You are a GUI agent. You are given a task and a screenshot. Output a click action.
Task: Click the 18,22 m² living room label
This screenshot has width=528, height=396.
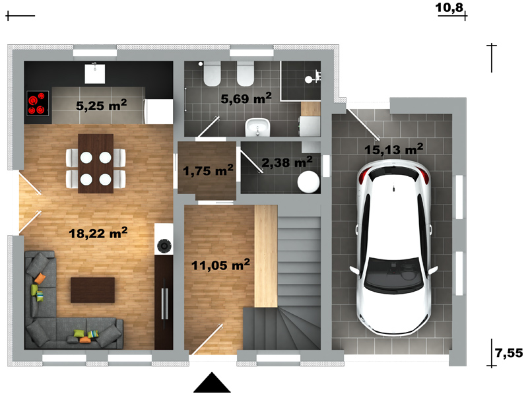click(x=98, y=233)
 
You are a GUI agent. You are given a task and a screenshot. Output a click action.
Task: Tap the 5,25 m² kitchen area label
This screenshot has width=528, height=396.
click(x=102, y=105)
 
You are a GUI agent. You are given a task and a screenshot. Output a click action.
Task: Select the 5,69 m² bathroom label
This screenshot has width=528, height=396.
click(x=246, y=98)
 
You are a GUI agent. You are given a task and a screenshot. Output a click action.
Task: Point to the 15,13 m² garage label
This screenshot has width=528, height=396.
click(x=393, y=149)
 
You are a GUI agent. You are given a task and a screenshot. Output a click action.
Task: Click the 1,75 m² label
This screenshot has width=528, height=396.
click(x=208, y=170)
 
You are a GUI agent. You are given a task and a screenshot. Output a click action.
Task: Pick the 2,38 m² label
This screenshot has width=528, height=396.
click(x=287, y=162)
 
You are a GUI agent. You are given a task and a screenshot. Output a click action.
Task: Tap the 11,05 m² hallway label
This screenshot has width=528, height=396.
click(x=220, y=265)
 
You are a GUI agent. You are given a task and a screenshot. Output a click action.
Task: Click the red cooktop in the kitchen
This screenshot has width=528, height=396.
click(x=38, y=104)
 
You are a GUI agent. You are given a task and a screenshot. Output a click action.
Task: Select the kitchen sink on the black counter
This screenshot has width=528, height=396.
click(x=94, y=74)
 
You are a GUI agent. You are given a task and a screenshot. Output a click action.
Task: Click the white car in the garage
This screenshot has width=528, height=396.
click(x=393, y=247)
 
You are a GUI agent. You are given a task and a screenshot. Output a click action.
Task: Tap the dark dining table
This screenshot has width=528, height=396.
click(x=96, y=164)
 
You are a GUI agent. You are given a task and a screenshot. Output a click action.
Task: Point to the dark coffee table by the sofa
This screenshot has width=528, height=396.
click(x=92, y=290)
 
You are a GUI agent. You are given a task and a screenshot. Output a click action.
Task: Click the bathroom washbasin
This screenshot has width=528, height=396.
click(x=257, y=127)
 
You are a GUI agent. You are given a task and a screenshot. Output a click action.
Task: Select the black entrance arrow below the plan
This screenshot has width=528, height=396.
click(x=212, y=383)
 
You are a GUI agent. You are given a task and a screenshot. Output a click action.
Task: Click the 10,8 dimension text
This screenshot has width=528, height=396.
click(x=449, y=7)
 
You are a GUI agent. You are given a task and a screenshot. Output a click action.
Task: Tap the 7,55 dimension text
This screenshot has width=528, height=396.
click(x=509, y=353)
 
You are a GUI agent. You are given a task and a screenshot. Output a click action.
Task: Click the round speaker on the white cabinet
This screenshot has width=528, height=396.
click(x=164, y=246)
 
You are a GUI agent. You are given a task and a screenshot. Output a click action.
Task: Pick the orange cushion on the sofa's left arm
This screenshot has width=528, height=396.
click(x=40, y=278)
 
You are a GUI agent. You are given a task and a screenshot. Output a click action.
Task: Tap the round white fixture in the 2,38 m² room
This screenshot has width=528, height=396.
click(x=308, y=182)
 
